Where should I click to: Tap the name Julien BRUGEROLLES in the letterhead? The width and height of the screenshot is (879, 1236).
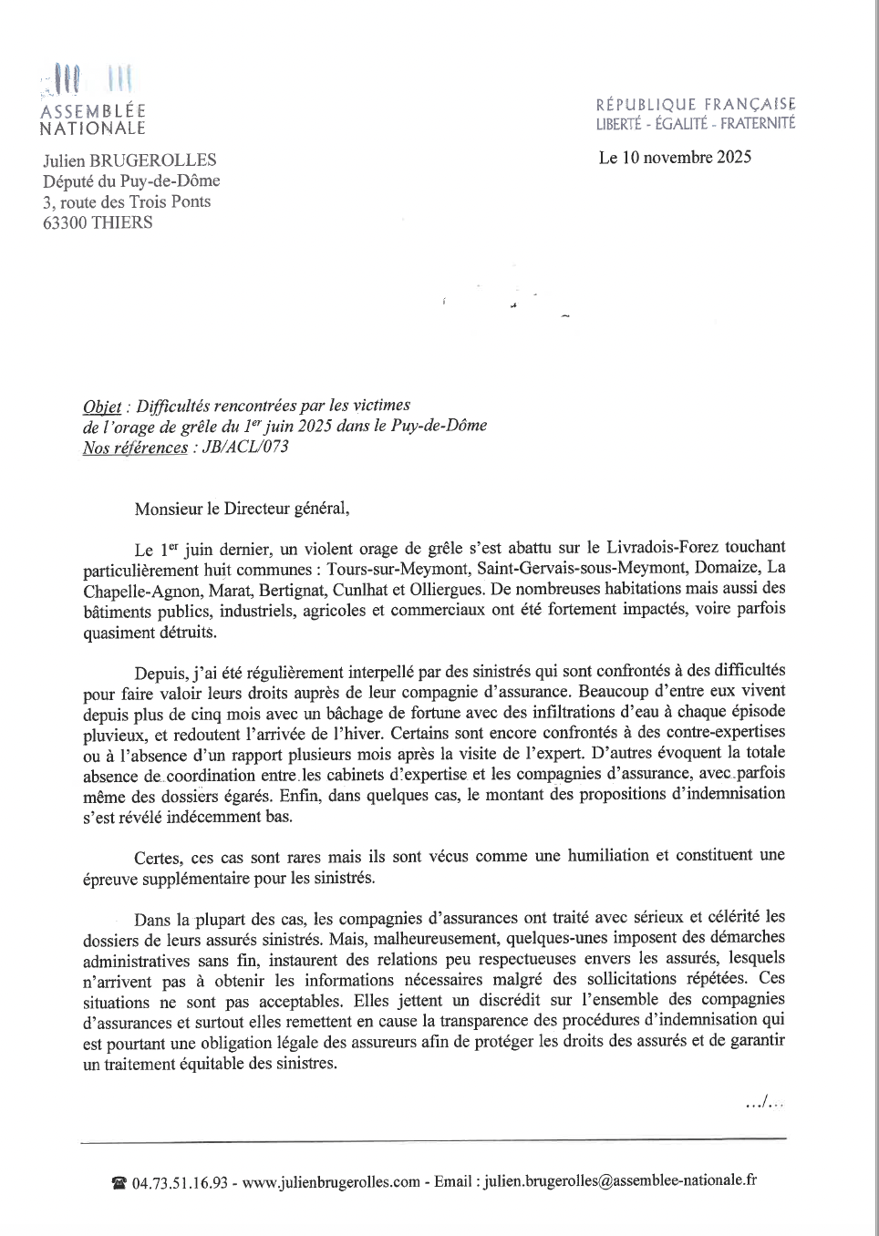[x=129, y=160]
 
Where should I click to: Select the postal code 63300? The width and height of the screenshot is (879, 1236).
[x=65, y=223]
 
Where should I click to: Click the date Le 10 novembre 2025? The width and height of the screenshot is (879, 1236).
[x=675, y=158]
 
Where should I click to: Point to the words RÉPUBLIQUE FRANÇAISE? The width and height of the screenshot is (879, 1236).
[x=696, y=105]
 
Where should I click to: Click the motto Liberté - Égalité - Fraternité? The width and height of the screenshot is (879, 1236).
[x=696, y=124]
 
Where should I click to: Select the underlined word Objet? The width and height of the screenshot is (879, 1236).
[x=101, y=407]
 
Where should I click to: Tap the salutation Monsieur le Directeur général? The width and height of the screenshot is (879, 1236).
[x=242, y=509]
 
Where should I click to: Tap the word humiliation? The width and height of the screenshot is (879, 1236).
[x=608, y=856]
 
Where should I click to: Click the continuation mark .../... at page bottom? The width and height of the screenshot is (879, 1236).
[x=764, y=1104]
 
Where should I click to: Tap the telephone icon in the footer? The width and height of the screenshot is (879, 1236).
[x=119, y=1183]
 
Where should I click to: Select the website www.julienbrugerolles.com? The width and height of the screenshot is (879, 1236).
[x=331, y=1182]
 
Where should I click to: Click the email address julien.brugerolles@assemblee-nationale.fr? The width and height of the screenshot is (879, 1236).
[x=620, y=1181]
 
